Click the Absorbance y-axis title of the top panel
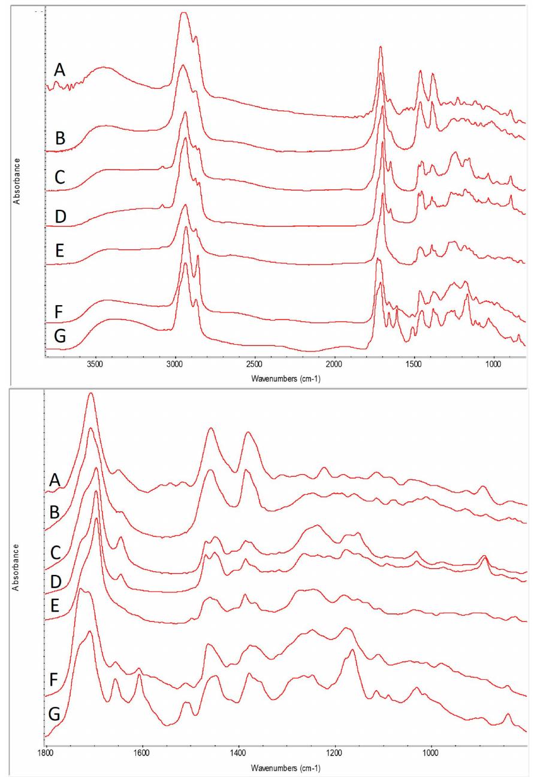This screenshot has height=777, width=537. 18,173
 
